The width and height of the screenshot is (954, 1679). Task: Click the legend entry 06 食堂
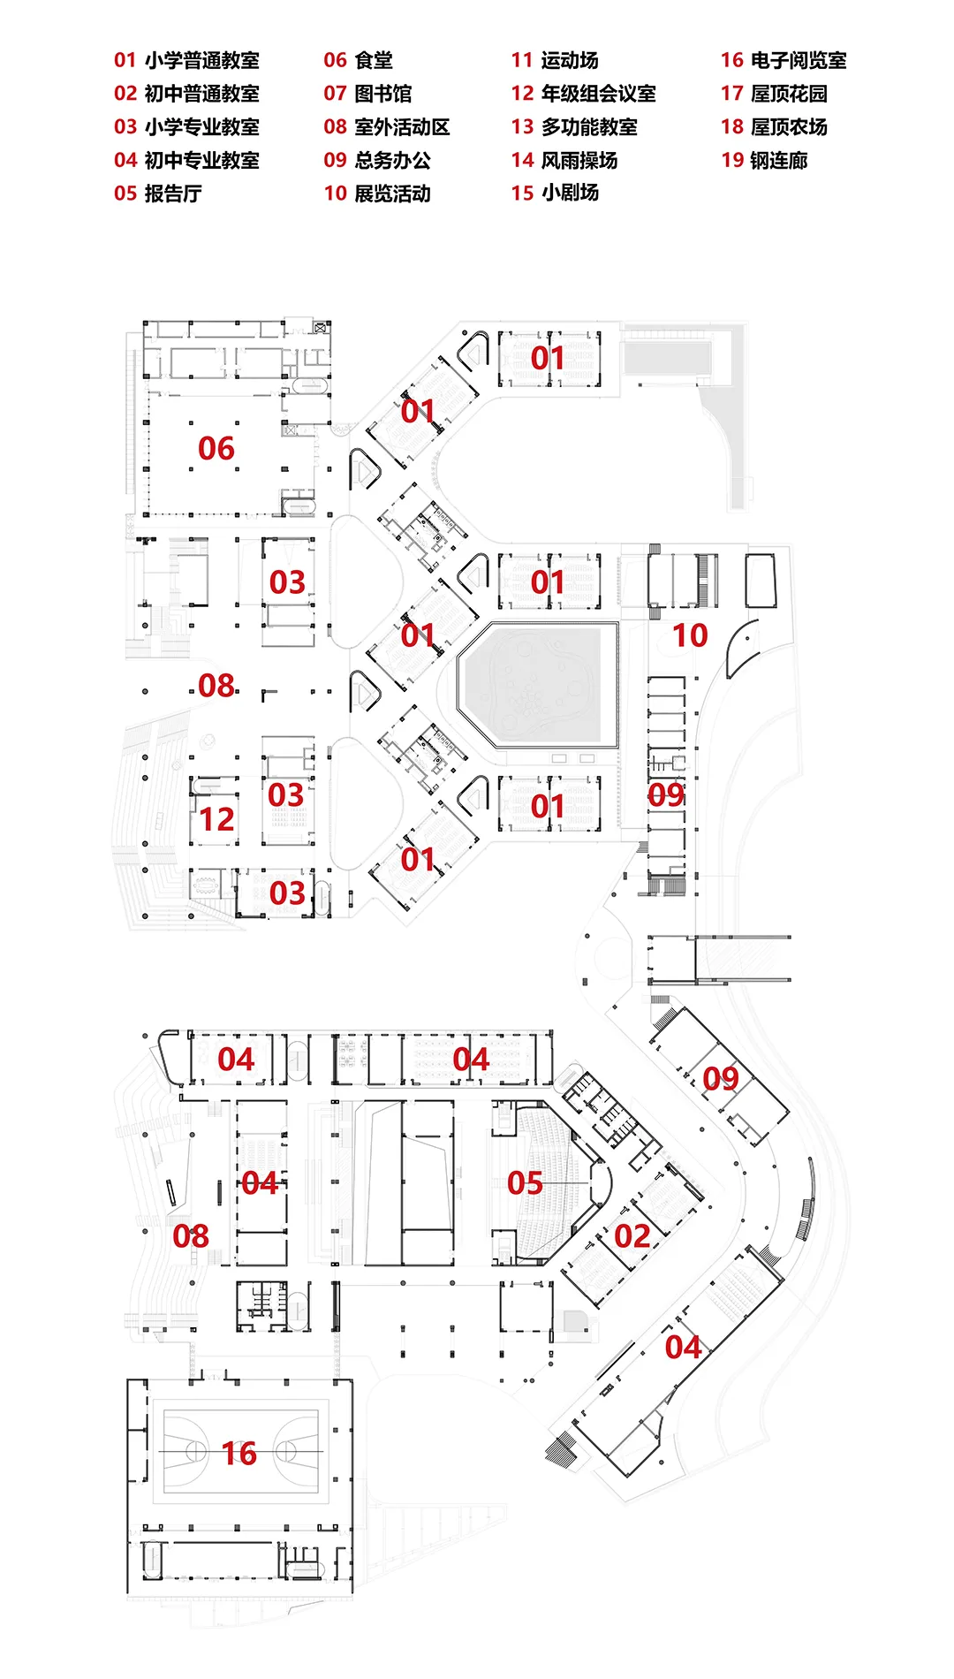pyautogui.click(x=358, y=60)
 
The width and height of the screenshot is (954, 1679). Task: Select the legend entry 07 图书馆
pyautogui.click(x=367, y=94)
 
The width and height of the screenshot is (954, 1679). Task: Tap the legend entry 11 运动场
pyautogui.click(x=555, y=60)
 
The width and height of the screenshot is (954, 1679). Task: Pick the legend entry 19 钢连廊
pyautogui.click(x=764, y=160)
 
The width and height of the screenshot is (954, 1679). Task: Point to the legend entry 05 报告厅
pyautogui.click(x=158, y=194)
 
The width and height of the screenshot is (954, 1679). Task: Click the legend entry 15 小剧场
pyautogui.click(x=555, y=193)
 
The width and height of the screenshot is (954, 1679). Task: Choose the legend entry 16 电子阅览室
pyautogui.click(x=784, y=60)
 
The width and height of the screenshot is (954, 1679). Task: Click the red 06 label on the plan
pyautogui.click(x=216, y=448)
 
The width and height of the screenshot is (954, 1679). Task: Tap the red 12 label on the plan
pyautogui.click(x=216, y=819)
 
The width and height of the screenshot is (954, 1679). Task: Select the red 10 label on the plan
pyautogui.click(x=690, y=635)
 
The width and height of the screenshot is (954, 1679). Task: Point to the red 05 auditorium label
pyautogui.click(x=525, y=1183)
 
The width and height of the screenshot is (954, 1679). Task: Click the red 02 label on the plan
pyautogui.click(x=632, y=1236)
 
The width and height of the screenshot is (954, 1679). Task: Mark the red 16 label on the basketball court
pyautogui.click(x=238, y=1454)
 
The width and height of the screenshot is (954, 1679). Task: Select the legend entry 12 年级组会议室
pyautogui.click(x=583, y=94)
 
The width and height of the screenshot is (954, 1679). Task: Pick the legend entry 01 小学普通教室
pyautogui.click(x=186, y=60)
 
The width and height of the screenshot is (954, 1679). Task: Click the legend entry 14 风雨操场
pyautogui.click(x=564, y=160)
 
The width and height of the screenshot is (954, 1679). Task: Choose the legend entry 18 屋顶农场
pyautogui.click(x=774, y=126)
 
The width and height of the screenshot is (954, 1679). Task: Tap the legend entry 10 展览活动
pyautogui.click(x=377, y=194)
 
